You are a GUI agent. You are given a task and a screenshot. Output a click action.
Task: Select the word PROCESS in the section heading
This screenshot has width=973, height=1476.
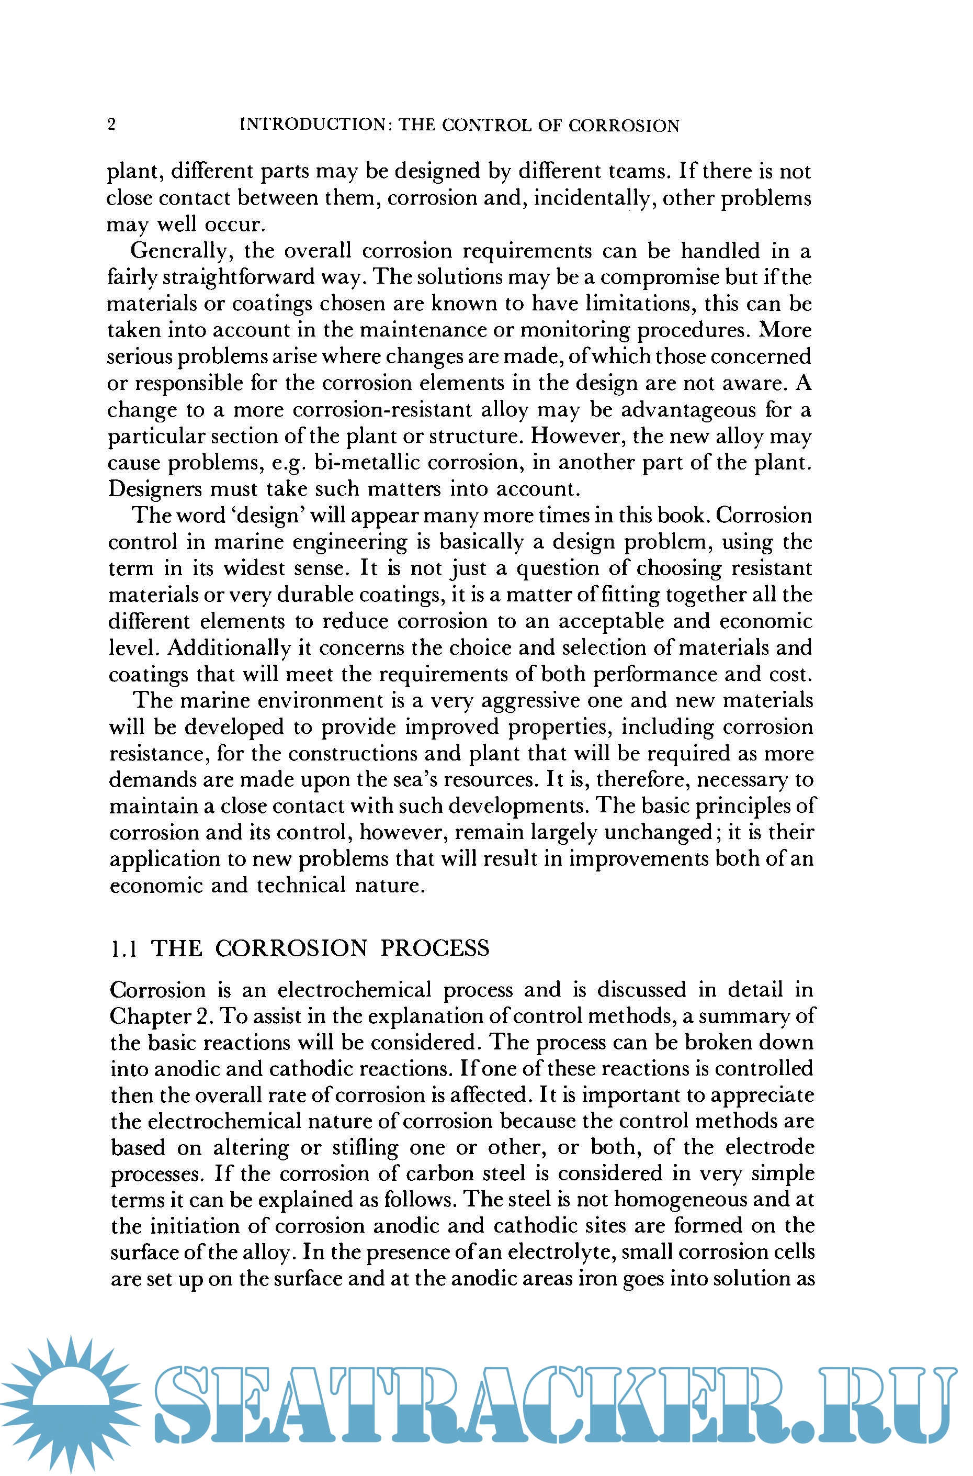coord(434,948)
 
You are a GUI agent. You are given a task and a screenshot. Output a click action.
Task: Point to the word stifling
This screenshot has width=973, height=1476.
coord(366,1148)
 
